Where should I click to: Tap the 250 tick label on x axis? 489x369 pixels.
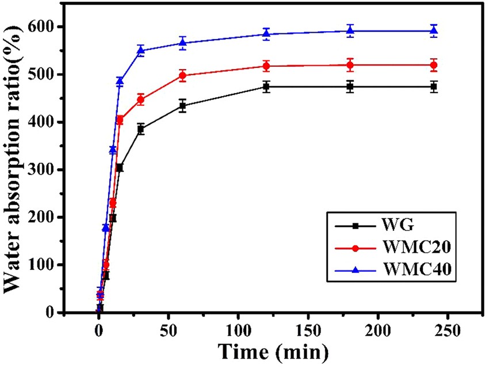448,330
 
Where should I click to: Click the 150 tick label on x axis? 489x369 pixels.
308,330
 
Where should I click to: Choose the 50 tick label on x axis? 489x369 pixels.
168,330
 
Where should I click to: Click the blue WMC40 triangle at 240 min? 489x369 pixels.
434,31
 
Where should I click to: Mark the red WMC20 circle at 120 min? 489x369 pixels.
266,66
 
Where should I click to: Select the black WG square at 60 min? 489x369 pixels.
182,106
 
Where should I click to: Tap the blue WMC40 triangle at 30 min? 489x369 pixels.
140,50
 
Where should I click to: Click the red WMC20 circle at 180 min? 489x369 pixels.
350,65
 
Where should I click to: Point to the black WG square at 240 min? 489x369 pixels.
434,87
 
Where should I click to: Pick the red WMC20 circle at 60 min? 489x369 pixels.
182,75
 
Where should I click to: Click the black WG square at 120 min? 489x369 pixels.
266,87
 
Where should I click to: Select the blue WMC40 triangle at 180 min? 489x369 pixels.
350,31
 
